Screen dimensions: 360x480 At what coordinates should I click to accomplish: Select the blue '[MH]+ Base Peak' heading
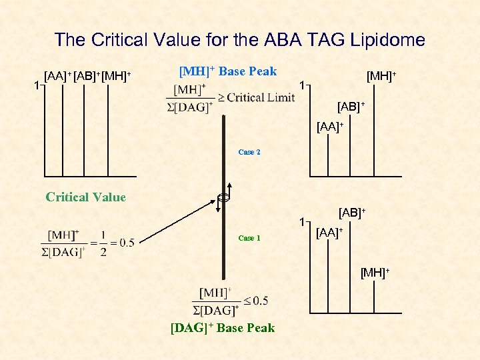[228, 71]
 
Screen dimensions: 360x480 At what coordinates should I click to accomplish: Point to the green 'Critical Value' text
[85, 197]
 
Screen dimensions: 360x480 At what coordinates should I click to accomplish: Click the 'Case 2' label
[249, 152]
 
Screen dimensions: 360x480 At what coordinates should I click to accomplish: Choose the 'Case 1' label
[249, 238]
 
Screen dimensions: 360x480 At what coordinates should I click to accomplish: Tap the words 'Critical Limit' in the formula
[261, 97]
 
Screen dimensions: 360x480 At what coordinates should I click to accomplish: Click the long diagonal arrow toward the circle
[180, 220]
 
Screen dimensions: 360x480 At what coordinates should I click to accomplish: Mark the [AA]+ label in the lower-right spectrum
[329, 232]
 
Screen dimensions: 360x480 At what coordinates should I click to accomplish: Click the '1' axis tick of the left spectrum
[37, 85]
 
